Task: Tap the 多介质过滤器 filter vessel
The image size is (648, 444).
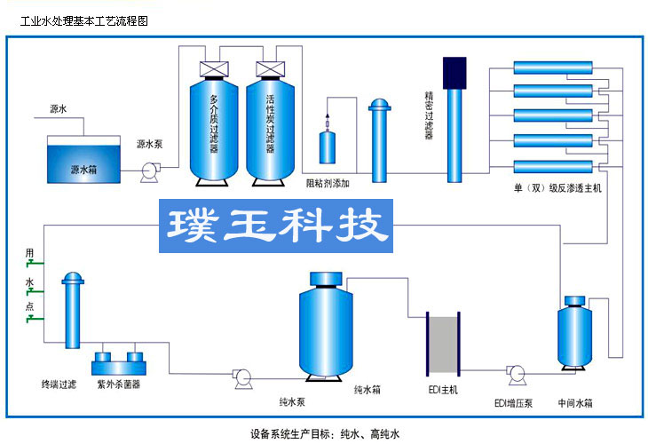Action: click(x=214, y=125)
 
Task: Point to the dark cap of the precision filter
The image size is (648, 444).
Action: click(x=454, y=71)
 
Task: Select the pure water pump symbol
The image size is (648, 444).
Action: click(x=239, y=377)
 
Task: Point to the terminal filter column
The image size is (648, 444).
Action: click(x=73, y=312)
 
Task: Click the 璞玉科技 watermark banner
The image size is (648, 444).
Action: click(x=276, y=226)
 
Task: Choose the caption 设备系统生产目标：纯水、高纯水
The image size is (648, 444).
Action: click(x=324, y=433)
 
